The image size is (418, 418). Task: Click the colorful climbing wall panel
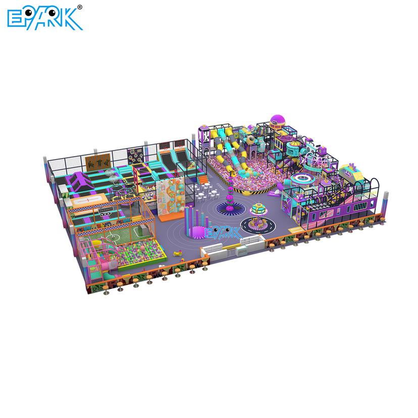[x=171, y=199]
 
